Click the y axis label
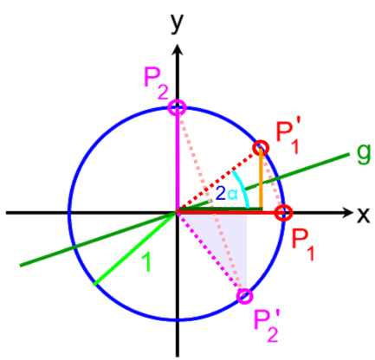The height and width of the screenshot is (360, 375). (x=178, y=23)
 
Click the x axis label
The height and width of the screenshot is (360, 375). (x=363, y=215)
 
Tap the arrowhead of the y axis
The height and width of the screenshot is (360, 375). (x=177, y=50)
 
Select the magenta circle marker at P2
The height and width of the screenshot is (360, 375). (x=177, y=108)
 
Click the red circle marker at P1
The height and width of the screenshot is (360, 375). (x=283, y=213)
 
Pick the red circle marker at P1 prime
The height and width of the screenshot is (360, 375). (x=261, y=148)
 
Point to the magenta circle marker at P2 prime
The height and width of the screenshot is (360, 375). (x=244, y=296)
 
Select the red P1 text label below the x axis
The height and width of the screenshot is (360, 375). (x=302, y=245)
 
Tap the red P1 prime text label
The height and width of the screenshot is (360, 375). (x=288, y=137)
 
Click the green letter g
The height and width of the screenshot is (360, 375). (x=363, y=154)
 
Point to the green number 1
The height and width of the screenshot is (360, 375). (x=146, y=263)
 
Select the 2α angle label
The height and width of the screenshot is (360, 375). (x=227, y=194)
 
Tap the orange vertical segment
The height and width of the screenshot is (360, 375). (x=261, y=178)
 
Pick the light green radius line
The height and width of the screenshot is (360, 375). (x=135, y=249)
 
